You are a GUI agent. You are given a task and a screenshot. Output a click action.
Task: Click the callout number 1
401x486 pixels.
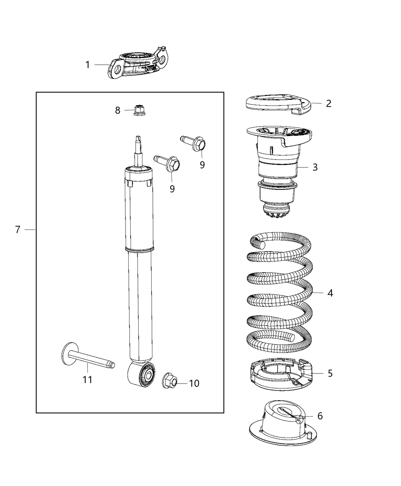87,65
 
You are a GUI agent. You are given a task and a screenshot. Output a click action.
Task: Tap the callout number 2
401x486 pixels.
328,103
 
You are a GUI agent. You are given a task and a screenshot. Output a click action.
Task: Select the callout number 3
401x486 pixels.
315,167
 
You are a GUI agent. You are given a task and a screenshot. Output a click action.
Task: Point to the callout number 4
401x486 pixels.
330,293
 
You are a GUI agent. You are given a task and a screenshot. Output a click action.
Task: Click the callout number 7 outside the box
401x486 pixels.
17,229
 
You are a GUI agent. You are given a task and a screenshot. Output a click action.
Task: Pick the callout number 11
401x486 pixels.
87,380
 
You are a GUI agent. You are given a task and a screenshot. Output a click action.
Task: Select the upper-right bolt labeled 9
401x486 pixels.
196,143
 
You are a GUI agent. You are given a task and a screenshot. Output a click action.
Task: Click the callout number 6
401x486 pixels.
320,416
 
